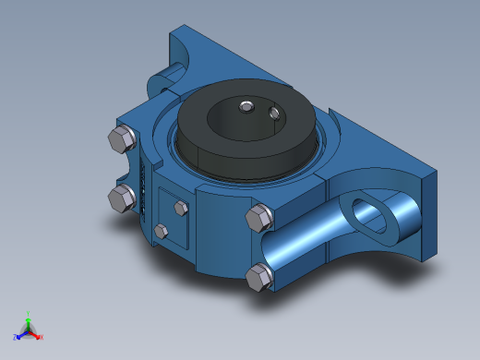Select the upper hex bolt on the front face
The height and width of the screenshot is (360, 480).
(259, 219)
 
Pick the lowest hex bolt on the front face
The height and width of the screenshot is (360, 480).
(260, 276)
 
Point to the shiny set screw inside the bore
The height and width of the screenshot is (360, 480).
(245, 107)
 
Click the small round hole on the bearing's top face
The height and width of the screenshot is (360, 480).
(274, 113)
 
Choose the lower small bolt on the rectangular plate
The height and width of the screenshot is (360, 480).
(162, 230)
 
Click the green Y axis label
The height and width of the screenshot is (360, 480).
(29, 313)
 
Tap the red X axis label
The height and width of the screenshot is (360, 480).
(42, 337)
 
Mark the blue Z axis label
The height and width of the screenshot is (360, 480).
(16, 337)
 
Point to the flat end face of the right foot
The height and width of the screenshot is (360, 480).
(426, 212)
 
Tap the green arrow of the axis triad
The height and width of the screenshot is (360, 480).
(29, 322)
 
